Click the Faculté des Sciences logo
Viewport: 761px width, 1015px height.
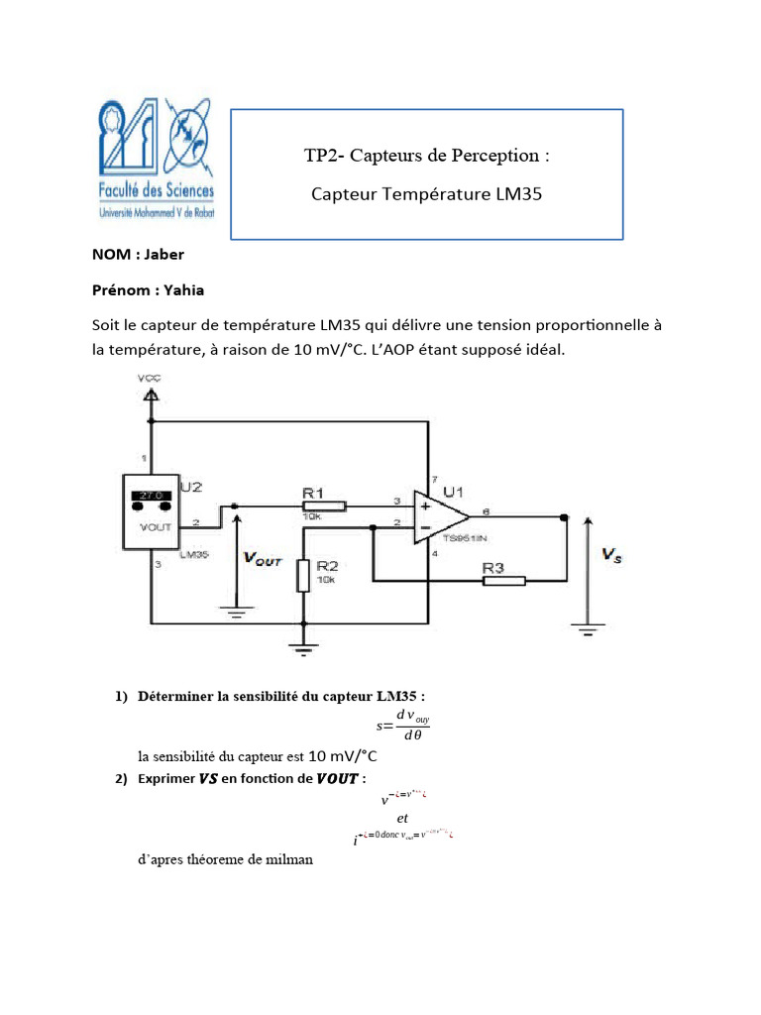(x=157, y=159)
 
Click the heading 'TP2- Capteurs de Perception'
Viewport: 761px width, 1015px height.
(x=426, y=156)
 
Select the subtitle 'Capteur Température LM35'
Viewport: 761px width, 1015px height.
(x=426, y=194)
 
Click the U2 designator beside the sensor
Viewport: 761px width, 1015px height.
(x=192, y=488)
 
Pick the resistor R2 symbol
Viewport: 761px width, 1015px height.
(x=303, y=576)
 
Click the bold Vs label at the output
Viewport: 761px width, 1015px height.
(x=612, y=556)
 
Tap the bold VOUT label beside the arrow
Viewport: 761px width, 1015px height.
(x=264, y=559)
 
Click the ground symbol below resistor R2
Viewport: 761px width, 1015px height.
(x=303, y=648)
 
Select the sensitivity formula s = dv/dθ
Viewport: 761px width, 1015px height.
(x=398, y=726)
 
